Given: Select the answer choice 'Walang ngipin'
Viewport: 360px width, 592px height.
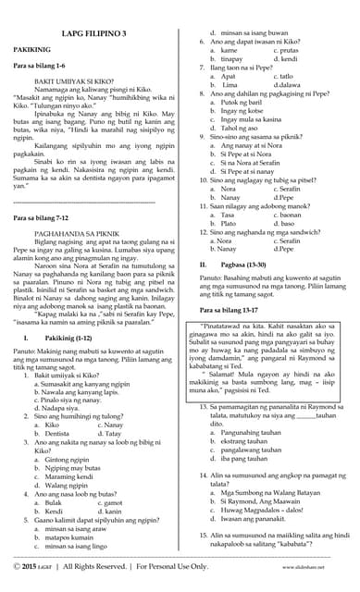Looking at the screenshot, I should pyautogui.click(x=70, y=484).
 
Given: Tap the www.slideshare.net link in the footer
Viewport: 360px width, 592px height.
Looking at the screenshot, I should pyautogui.click(x=314, y=565).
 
